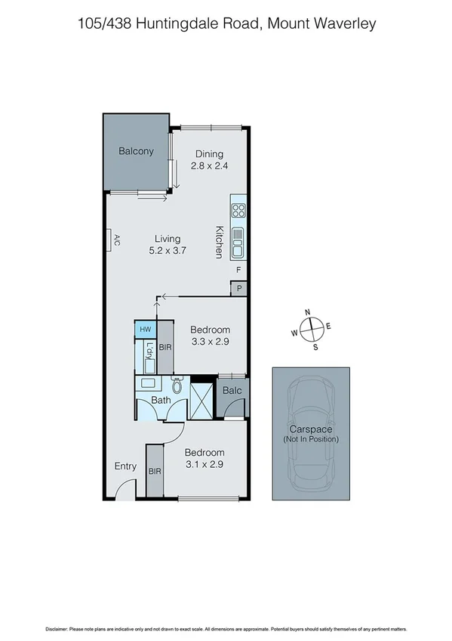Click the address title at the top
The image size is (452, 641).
[226, 24]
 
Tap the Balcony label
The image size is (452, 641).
[136, 151]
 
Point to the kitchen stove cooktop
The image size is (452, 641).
[238, 210]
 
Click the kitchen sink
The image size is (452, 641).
[238, 242]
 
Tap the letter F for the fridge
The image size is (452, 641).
[238, 270]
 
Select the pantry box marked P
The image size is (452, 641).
[239, 288]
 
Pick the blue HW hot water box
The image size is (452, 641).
[144, 330]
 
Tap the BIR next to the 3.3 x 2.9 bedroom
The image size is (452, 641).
[166, 347]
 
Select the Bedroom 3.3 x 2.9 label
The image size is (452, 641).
[210, 336]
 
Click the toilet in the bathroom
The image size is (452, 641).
[178, 385]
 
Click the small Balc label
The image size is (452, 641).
[232, 391]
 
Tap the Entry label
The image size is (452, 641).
[125, 466]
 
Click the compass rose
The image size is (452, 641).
[310, 329]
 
